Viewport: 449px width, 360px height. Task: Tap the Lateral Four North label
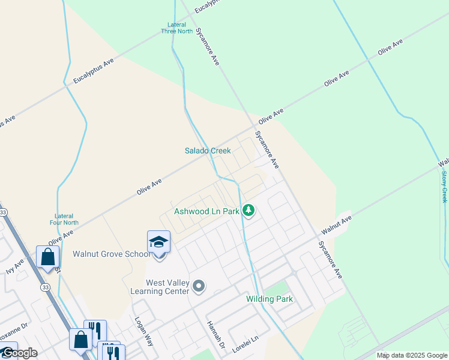[x=64, y=219]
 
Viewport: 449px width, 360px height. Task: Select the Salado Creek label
[x=208, y=151]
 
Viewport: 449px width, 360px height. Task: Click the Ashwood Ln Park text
[x=206, y=211]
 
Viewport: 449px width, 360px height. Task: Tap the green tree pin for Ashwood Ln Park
[x=249, y=211]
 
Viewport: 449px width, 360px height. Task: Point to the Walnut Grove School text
[x=112, y=254]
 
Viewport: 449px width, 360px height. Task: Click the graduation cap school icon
[x=159, y=242]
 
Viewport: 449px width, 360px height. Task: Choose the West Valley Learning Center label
[x=168, y=287]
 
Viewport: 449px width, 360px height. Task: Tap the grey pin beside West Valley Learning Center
[x=200, y=287]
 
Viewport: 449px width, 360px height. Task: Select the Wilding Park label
[x=270, y=299]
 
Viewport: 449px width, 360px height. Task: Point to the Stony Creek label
[x=444, y=187]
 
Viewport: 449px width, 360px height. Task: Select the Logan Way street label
[x=145, y=331]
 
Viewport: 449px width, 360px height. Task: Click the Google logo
[x=19, y=353]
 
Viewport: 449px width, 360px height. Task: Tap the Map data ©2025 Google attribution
[x=411, y=355]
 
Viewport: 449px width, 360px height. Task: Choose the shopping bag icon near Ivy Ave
[x=47, y=257]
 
